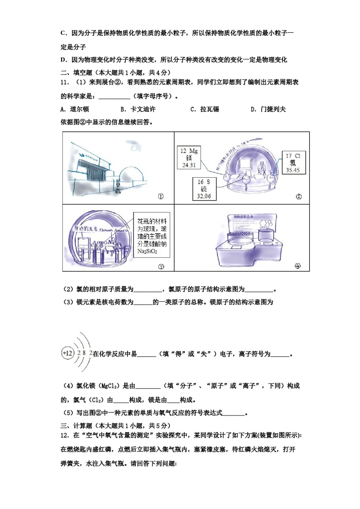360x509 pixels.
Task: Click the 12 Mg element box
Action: coord(189,158)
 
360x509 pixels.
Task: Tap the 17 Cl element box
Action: coord(293,163)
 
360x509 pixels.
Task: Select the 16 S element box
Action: coord(204,189)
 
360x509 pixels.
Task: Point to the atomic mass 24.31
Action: coord(189,165)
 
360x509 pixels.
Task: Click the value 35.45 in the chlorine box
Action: coord(293,170)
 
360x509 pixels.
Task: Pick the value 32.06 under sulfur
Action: coord(204,196)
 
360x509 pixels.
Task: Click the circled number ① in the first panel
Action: coord(161,197)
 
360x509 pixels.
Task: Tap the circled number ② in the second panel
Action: coord(299,197)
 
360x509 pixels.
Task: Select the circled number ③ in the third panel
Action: coord(161,267)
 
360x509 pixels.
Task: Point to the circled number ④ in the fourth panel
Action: coord(297,266)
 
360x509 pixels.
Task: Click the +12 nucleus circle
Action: coord(67,353)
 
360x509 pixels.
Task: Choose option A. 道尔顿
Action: coord(75,109)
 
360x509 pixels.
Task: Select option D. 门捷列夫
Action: coord(268,109)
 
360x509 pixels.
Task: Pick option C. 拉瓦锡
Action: coord(205,109)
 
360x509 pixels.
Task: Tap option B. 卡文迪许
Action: coord(138,109)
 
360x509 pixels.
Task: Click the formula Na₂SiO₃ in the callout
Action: coord(147,251)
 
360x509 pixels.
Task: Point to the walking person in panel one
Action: coord(118,185)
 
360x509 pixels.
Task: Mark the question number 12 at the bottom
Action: coord(64,436)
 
